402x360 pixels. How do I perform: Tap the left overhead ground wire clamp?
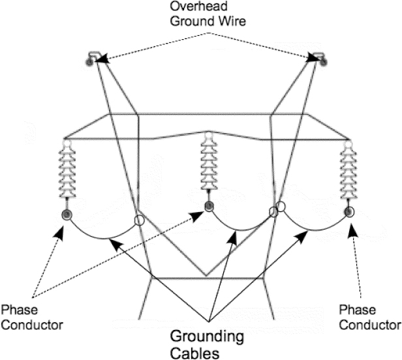(x=91, y=60)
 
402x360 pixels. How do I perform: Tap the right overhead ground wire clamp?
(x=318, y=60)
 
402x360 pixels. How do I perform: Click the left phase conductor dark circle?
(x=67, y=215)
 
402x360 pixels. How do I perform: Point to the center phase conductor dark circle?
(x=208, y=207)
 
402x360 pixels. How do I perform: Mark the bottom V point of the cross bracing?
(x=206, y=275)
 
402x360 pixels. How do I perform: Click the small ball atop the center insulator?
(x=208, y=136)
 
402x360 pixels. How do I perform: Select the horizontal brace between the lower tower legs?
(x=207, y=280)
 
